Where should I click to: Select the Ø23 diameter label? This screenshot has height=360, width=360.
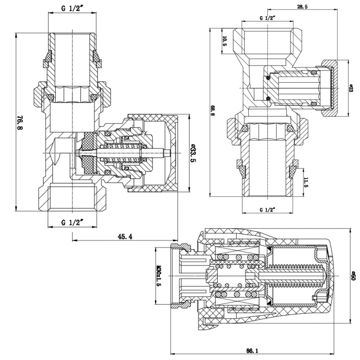tap(351, 88)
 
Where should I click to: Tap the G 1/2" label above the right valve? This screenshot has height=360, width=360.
tap(268, 18)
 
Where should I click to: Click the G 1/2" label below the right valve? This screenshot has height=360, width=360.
tap(268, 210)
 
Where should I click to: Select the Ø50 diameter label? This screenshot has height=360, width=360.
tap(353, 275)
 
